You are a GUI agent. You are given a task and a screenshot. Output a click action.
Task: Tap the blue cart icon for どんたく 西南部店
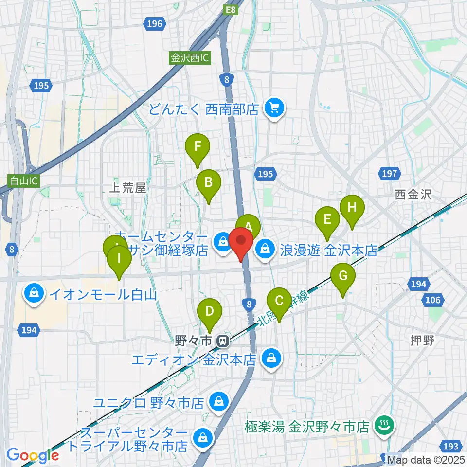(x=274, y=108)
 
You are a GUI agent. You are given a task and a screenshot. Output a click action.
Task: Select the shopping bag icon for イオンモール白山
(x=34, y=294)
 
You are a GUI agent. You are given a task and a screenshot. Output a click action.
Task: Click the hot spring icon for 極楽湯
(x=382, y=427)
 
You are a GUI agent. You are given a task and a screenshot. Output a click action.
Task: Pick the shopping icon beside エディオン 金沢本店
(x=269, y=359)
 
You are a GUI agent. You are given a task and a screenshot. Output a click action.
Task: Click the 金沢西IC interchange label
(x=190, y=57)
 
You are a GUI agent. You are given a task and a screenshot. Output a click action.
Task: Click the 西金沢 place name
(x=413, y=195)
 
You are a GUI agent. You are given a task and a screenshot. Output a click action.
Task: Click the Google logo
(x=33, y=455)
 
